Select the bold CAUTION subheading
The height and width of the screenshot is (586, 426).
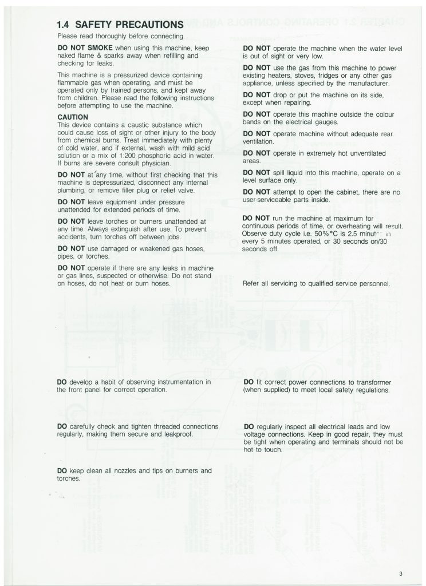tap(74, 117)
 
